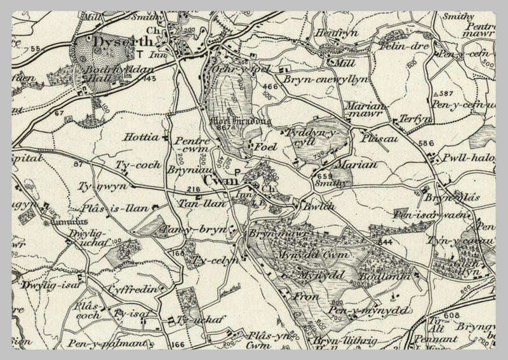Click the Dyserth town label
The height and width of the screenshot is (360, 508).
click(114, 42)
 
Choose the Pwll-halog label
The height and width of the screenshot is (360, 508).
click(469, 156)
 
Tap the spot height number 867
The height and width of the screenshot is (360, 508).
click(222, 128)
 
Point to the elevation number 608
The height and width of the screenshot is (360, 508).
click(451, 315)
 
